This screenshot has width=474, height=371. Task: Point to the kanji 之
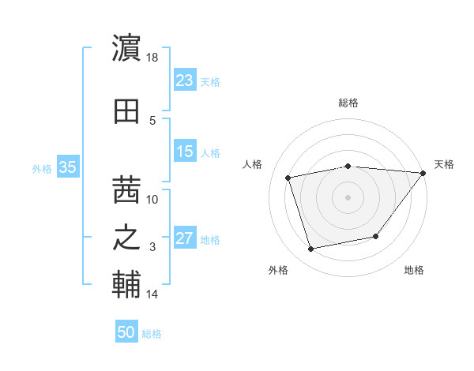coord(126,238)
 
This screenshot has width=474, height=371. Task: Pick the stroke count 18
coord(152,58)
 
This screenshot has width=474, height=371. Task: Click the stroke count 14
coord(152,294)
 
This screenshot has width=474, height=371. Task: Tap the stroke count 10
coord(152,199)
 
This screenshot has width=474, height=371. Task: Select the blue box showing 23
coord(184,81)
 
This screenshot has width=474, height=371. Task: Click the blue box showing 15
coord(184,152)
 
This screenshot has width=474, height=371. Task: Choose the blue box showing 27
coord(184,238)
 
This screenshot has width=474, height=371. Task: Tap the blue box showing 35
coord(68,167)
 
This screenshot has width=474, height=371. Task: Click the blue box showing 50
coord(126,332)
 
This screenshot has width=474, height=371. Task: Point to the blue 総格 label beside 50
coord(152,334)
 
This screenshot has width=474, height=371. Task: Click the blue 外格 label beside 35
coord(42,168)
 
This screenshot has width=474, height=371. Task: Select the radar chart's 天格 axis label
coord(444,164)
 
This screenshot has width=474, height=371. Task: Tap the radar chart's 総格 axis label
coord(348,103)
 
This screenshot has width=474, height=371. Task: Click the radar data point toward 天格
coord(423,173)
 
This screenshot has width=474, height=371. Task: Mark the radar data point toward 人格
coord(288,177)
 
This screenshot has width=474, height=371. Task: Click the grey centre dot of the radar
coord(348,197)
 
